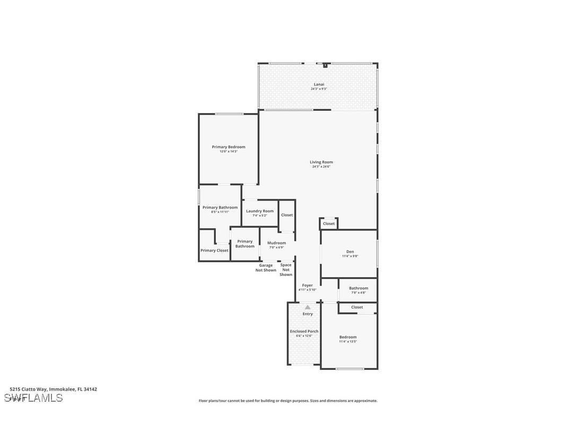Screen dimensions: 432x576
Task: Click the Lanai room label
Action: (319, 84)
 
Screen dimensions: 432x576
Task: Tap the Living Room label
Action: (321, 162)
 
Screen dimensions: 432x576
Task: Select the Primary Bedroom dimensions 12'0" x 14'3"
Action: (229, 152)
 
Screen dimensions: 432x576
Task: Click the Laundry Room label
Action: (260, 211)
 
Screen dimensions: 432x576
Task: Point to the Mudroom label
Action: (276, 243)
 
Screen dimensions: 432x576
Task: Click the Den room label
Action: (350, 252)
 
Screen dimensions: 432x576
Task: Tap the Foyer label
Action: (307, 286)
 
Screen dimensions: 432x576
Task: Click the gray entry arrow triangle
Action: (308, 307)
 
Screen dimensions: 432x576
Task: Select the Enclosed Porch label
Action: (304, 331)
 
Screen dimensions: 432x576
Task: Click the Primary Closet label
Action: (214, 250)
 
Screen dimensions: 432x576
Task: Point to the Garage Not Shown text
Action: (266, 268)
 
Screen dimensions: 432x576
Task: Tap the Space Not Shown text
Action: (286, 270)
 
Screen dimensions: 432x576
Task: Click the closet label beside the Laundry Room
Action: (287, 215)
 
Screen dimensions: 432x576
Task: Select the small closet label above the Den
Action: (329, 223)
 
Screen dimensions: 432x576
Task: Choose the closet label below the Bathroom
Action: (357, 307)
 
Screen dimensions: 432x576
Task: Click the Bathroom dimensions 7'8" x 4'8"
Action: (359, 293)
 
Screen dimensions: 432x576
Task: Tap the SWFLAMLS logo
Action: (33, 398)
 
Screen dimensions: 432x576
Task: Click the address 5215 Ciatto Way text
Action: (53, 389)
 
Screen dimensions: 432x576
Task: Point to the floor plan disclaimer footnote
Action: (288, 401)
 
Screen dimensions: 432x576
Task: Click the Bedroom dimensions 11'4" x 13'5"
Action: (348, 342)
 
